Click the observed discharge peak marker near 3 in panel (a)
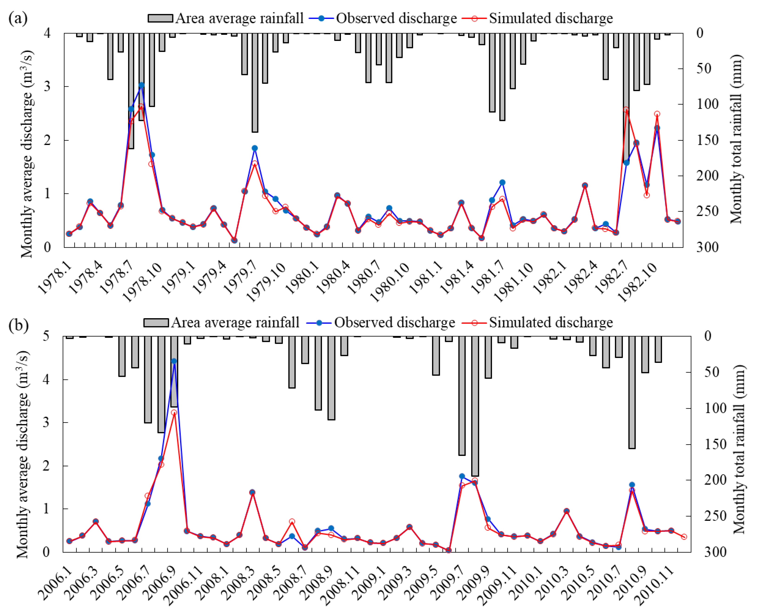coord(142,85)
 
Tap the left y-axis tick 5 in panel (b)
coord(46,336)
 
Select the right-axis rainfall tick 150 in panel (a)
coord(708,140)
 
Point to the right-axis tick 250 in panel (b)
coord(715,516)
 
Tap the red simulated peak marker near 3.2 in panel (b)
coord(174,413)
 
